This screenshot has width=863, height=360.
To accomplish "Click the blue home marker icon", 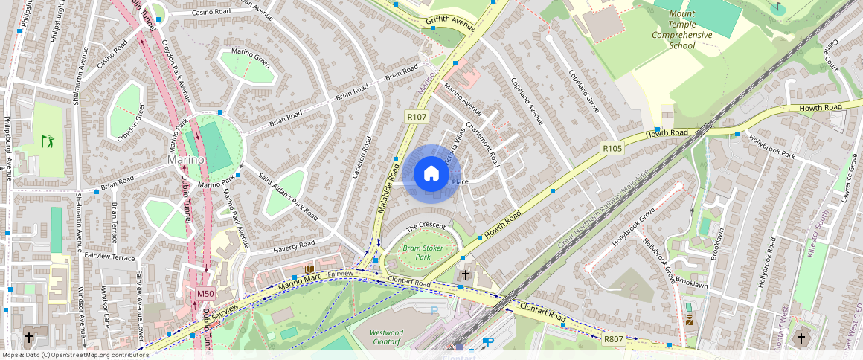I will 431,174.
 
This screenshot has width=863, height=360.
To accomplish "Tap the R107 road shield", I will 416,117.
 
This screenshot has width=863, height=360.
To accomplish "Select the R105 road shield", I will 612,149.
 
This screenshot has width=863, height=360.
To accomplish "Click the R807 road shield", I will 613,339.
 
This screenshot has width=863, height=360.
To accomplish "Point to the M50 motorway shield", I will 205,294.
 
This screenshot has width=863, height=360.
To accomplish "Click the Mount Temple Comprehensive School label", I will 682,30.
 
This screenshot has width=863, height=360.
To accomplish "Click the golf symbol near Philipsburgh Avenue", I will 47,140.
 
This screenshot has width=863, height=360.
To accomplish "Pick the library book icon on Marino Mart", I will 309,269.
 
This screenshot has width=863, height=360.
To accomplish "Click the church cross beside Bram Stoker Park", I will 466,274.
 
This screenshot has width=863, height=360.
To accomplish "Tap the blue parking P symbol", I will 490,341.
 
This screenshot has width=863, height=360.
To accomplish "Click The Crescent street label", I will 426,225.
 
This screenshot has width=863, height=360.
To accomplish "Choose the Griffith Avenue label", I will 450,22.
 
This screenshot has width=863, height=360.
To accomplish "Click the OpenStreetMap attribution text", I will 74,355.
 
